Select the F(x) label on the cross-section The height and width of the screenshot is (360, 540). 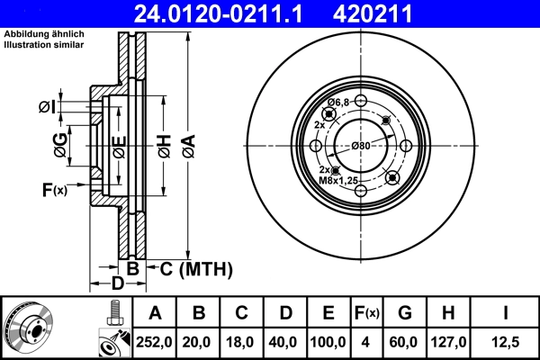(x=55, y=189)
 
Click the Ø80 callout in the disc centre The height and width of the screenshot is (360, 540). (x=361, y=146)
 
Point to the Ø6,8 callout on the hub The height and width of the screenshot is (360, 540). (x=338, y=103)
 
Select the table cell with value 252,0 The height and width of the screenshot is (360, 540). (x=155, y=342)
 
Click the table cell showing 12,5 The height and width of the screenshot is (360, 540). (x=506, y=342)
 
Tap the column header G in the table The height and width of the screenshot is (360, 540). (x=405, y=313)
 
